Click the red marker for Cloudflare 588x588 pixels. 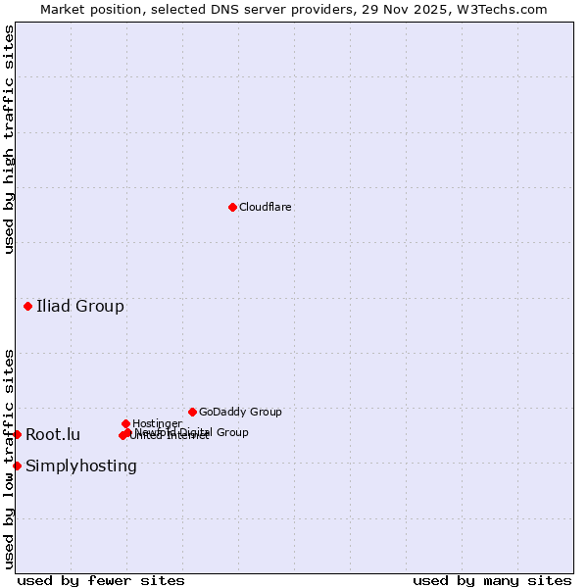(x=232, y=207)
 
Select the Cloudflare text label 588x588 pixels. (x=266, y=207)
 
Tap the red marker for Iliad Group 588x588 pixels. (x=27, y=307)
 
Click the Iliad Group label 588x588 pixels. (x=80, y=307)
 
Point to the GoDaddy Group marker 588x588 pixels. (x=192, y=412)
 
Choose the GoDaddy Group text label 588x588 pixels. (x=240, y=412)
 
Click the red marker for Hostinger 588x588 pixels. (x=125, y=423)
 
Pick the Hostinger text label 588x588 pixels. (x=157, y=423)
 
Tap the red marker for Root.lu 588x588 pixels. (x=17, y=434)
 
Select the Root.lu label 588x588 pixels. (x=53, y=435)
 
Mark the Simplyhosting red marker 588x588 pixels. (x=17, y=465)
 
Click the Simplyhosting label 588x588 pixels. (x=81, y=465)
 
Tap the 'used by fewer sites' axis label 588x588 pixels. (x=101, y=581)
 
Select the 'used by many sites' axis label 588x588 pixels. (x=492, y=581)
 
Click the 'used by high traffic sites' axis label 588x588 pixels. (x=9, y=140)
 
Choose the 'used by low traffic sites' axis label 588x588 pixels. (x=9, y=459)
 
